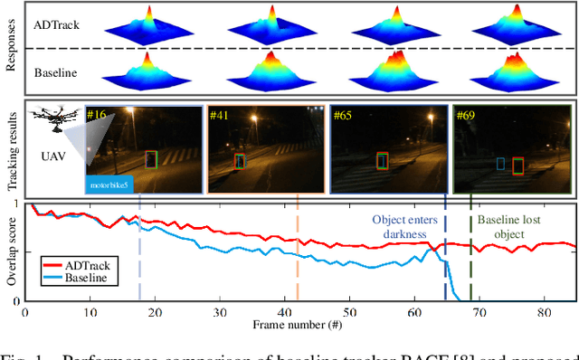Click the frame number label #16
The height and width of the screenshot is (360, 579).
[97, 116]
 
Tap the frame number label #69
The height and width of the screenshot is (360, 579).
[464, 116]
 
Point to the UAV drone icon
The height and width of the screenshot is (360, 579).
[51, 121]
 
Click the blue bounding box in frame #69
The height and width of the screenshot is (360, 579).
[499, 164]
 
